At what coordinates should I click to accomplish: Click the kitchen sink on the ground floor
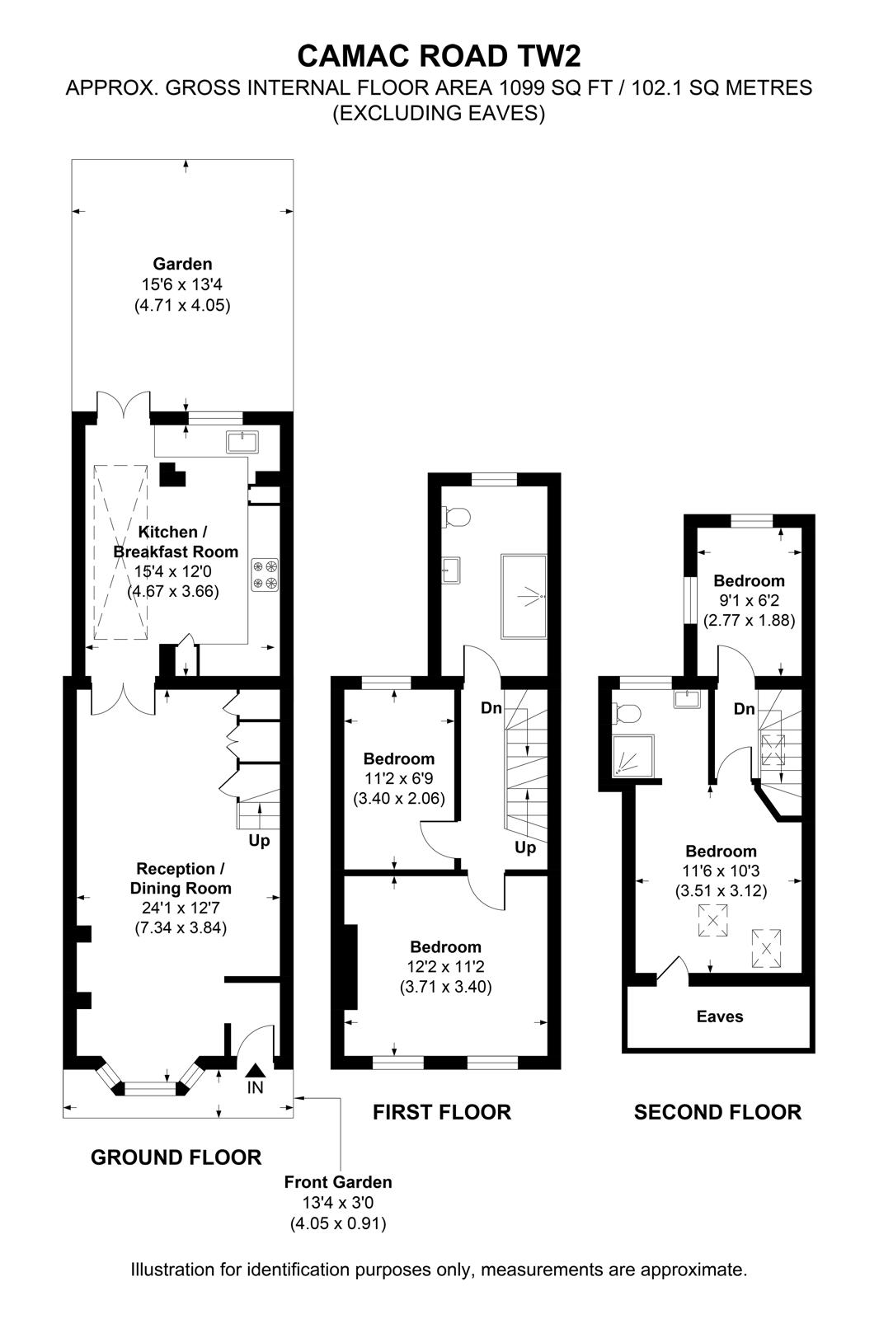coord(242,442)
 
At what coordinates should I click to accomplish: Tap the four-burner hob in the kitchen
coord(265,575)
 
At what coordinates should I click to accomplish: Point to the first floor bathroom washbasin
coord(451,570)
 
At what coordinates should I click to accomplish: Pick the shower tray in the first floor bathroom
coord(523,596)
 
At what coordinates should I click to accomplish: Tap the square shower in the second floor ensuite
coord(633,755)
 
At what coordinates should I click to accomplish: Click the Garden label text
coord(182,264)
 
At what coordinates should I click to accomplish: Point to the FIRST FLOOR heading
coord(442,1112)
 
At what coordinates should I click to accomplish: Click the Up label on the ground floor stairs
coord(259,841)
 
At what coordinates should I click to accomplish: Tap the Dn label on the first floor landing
coord(491,708)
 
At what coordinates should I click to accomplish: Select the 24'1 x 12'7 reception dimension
coord(181,908)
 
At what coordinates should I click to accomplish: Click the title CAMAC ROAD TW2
coord(439,56)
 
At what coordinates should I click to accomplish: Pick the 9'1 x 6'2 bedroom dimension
coord(749,601)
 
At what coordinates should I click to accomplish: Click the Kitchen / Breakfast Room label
coord(176,542)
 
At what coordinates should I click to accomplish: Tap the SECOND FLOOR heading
coord(717,1112)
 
